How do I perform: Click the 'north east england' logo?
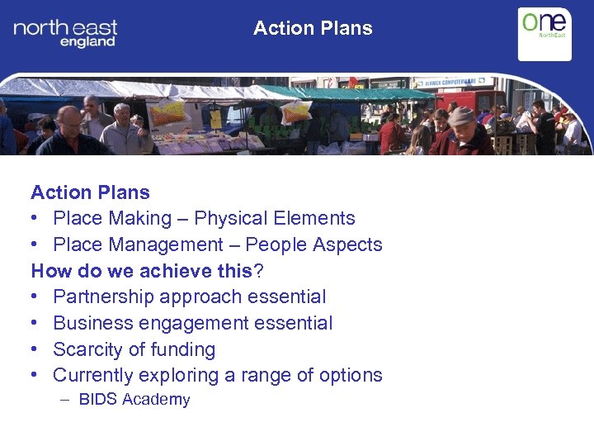coord(65,33)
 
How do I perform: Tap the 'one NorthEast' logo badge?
coord(544,33)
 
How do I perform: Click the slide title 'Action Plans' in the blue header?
coord(313,28)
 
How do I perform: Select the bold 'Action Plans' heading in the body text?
coord(91,192)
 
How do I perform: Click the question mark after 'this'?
coord(257,271)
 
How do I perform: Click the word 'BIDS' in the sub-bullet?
coord(97,400)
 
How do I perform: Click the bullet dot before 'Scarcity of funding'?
coord(35,349)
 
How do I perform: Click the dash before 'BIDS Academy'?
coord(65,400)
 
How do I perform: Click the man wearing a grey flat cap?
coord(464,130)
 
